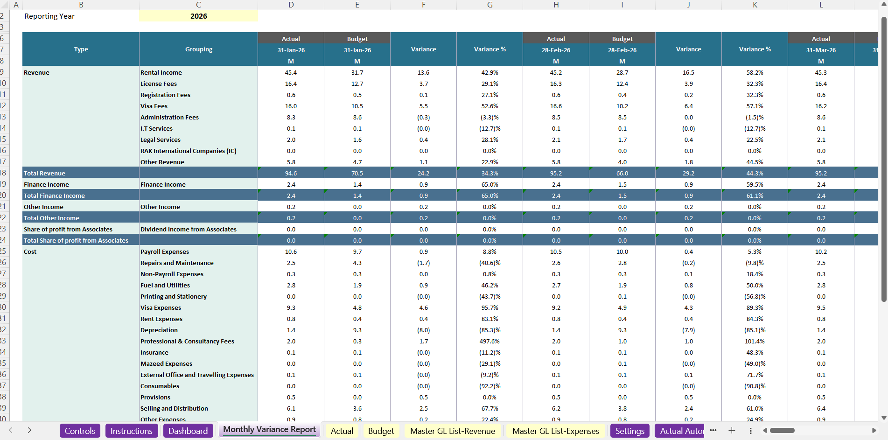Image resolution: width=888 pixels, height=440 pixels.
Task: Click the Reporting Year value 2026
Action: click(198, 16)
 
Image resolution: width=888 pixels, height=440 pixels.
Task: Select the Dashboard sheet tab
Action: click(188, 431)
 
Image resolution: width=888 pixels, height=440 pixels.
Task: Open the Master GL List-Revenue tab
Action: click(452, 431)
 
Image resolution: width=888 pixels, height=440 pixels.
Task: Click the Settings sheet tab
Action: click(629, 431)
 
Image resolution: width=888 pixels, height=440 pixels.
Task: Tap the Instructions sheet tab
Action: click(131, 431)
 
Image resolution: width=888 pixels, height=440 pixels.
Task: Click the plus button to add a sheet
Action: click(732, 430)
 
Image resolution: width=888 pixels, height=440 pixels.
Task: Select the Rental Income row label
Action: click(161, 73)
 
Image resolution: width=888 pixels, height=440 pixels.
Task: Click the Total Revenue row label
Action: click(45, 174)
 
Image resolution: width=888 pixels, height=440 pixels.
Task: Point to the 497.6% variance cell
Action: click(489, 342)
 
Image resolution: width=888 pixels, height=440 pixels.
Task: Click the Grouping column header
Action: click(198, 49)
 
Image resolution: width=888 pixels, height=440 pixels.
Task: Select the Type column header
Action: click(81, 49)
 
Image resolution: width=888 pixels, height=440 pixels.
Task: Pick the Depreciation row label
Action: click(159, 330)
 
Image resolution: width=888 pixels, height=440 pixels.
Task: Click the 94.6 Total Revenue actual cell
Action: click(291, 174)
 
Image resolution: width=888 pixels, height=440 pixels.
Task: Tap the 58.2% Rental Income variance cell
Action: click(755, 73)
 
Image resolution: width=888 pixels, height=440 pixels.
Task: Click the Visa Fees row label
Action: click(154, 106)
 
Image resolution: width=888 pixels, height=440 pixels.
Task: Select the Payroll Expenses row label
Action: click(165, 252)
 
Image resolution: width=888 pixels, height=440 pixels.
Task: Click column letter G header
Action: click(489, 5)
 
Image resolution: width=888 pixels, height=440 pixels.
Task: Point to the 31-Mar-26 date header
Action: click(821, 50)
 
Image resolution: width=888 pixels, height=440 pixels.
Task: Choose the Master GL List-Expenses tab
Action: click(555, 431)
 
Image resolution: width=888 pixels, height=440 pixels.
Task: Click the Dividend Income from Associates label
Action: click(189, 230)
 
